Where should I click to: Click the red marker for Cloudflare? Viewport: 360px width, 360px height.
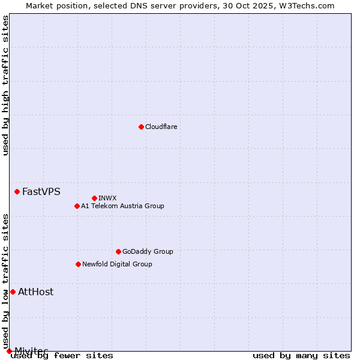pos(141,127)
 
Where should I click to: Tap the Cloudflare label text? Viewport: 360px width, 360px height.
pos(161,127)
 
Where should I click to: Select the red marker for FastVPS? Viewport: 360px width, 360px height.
pos(17,191)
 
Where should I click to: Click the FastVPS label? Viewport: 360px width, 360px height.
pos(41,192)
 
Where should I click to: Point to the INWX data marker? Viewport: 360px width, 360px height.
pos(94,198)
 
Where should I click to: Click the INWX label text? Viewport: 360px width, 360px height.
pos(107,198)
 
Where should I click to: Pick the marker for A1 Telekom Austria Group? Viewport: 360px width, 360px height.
pos(77,206)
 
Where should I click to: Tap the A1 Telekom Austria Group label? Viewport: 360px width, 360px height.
pos(122,206)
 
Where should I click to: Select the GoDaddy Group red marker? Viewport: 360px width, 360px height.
pos(118,251)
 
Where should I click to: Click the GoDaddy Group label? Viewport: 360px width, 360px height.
pos(147,251)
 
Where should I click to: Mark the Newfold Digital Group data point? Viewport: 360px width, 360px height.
pos(78,264)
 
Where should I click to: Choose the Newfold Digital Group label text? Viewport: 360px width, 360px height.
pos(117,264)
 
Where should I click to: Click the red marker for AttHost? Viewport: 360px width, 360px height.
pos(13,292)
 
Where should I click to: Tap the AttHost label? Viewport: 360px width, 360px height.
pos(35,292)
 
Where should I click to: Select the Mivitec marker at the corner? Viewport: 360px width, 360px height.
pos(9,351)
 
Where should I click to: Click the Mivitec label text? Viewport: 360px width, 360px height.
pos(31,350)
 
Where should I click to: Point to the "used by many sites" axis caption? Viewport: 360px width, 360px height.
pos(301,356)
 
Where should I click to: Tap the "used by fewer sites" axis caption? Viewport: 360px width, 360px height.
pos(62,356)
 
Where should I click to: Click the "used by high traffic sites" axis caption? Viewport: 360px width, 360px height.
pos(5,85)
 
